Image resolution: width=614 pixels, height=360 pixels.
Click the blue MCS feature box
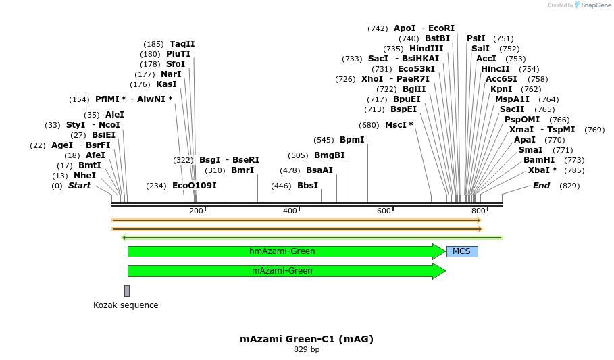(462, 251)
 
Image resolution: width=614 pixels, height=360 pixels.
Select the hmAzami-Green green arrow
(282, 251)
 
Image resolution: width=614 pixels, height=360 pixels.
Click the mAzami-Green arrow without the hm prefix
(282, 271)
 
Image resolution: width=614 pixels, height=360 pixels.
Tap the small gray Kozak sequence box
(126, 290)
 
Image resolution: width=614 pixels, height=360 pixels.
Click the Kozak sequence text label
(126, 305)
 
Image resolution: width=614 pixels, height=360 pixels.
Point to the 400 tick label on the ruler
(290, 211)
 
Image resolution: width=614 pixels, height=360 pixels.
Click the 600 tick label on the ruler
(384, 211)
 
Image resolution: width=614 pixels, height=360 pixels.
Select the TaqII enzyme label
(182, 44)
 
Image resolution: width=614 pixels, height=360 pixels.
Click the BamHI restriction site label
(539, 160)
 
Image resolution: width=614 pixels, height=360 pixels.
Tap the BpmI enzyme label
(352, 140)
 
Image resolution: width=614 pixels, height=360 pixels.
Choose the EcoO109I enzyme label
(195, 186)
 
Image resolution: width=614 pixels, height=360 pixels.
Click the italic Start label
(79, 186)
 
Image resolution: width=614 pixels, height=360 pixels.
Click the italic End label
(541, 186)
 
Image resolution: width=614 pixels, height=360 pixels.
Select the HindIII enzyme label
(426, 49)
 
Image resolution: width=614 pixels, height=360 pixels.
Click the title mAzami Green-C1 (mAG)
(307, 339)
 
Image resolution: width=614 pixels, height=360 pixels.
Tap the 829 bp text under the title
(307, 350)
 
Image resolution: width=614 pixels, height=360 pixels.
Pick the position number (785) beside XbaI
(574, 170)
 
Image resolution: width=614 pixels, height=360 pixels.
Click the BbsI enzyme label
(307, 186)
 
